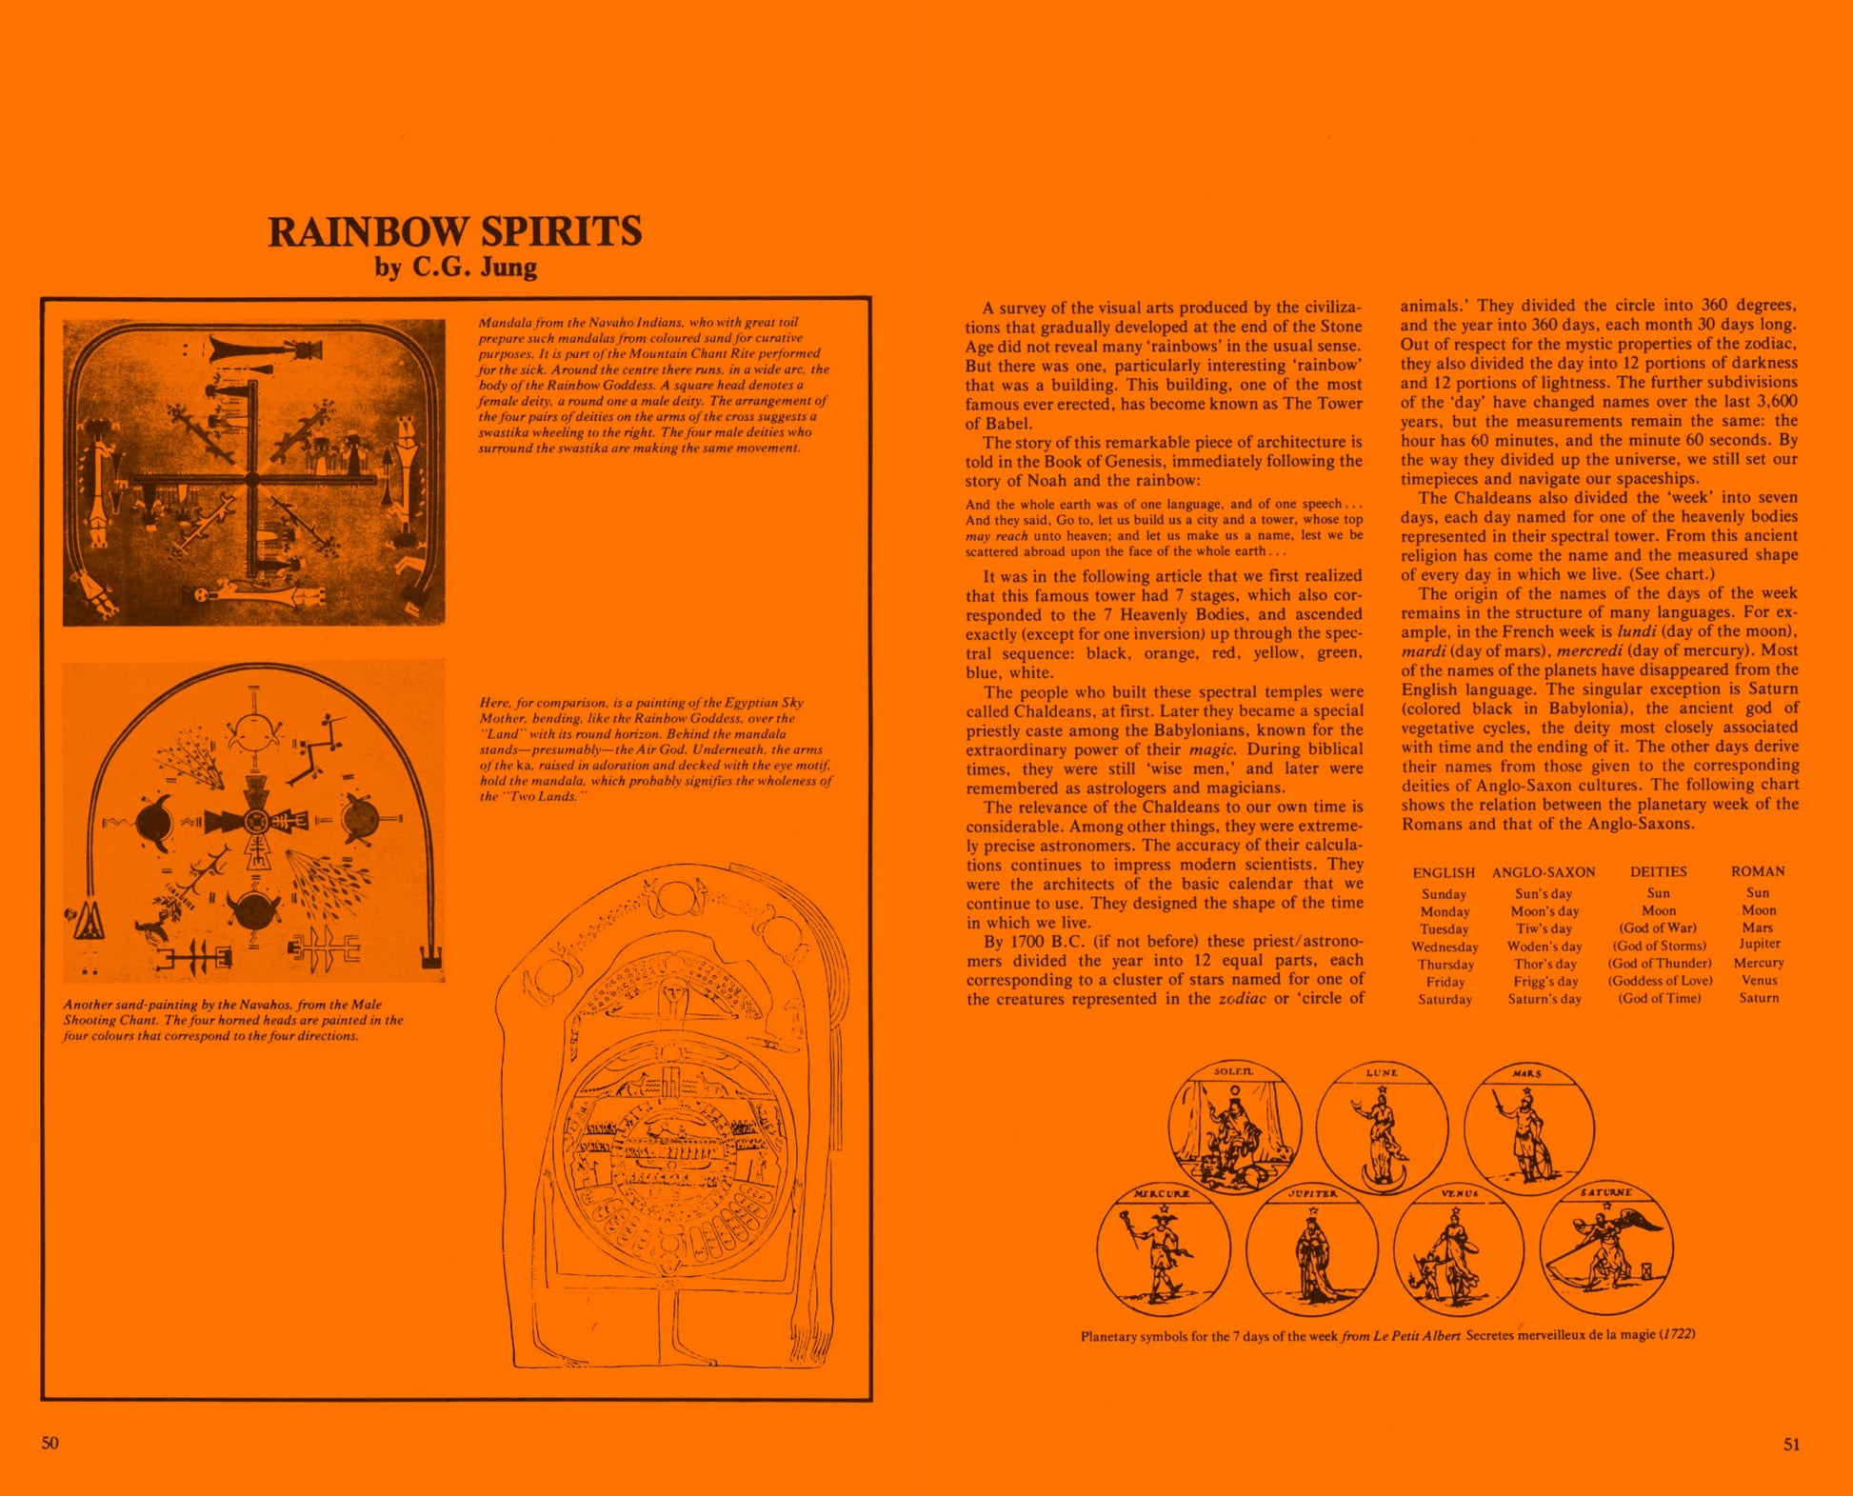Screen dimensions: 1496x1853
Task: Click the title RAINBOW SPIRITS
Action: [x=455, y=231]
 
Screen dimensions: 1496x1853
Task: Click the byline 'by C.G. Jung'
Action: [x=455, y=267]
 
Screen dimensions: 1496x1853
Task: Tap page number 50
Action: [x=50, y=1443]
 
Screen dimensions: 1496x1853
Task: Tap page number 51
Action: [x=1791, y=1444]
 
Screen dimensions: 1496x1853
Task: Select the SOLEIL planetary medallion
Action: [x=1235, y=1126]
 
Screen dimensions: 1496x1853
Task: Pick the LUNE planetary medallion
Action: [x=1382, y=1127]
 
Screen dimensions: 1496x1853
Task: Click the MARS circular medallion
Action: [x=1528, y=1127]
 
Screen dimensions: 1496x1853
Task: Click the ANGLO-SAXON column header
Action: [x=1544, y=872]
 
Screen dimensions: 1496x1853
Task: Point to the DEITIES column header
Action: [x=1658, y=872]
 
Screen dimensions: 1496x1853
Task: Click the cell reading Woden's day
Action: [x=1544, y=947]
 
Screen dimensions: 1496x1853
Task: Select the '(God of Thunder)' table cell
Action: [x=1660, y=964]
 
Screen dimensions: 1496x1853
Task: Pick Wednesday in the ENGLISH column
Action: [x=1445, y=947]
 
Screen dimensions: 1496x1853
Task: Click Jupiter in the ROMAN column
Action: [x=1759, y=945]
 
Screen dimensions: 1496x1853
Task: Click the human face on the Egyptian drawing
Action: [x=673, y=997]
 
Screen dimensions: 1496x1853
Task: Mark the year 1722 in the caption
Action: [x=1677, y=1334]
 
